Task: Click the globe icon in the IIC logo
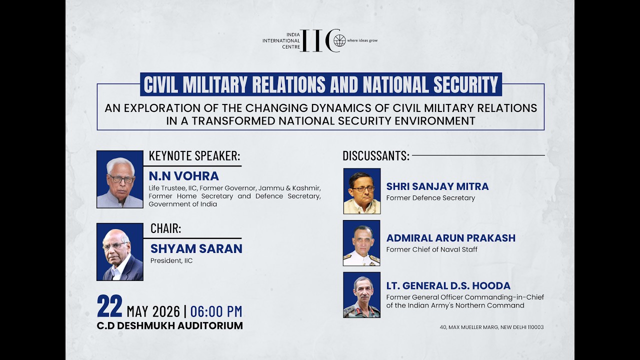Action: point(339,40)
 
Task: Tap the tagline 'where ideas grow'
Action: point(362,40)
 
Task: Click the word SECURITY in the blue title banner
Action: point(466,84)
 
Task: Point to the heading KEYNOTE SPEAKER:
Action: point(194,156)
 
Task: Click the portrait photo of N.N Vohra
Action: point(120,179)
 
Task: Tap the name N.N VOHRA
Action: point(183,176)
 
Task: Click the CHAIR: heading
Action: point(165,228)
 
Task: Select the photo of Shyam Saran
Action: point(120,251)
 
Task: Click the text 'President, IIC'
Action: point(171,260)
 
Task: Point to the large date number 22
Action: point(109,306)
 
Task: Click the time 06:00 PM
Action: point(216,311)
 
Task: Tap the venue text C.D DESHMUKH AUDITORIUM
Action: point(169,325)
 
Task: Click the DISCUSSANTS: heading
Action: point(376,156)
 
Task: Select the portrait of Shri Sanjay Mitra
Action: point(362,191)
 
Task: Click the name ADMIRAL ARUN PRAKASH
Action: point(451,238)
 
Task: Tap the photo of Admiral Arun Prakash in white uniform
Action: point(361,243)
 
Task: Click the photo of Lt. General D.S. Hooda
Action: point(361,295)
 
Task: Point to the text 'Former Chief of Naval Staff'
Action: point(431,249)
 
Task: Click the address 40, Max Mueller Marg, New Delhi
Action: point(491,327)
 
